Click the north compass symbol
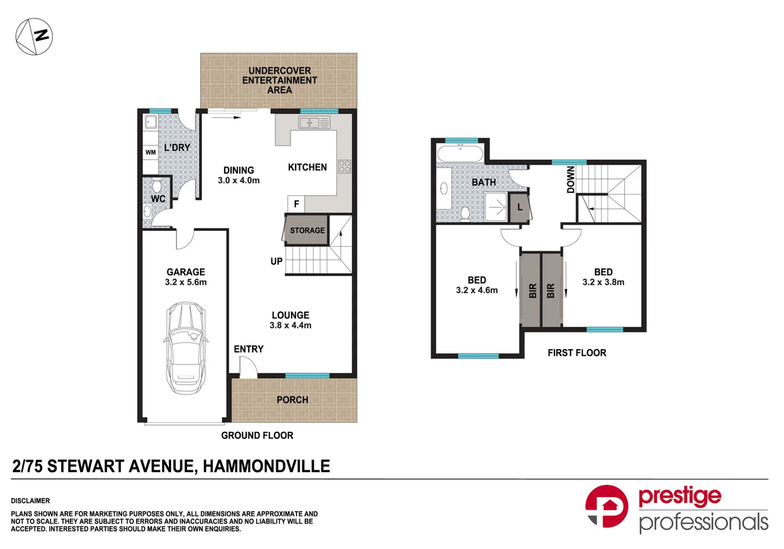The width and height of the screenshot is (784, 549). click(34, 37)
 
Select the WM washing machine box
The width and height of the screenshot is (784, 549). click(151, 152)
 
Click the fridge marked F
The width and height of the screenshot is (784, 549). click(296, 204)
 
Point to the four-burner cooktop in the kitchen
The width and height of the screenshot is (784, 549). click(344, 166)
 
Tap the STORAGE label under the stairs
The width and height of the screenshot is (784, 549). click(307, 230)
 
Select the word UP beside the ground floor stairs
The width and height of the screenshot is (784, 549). click(276, 261)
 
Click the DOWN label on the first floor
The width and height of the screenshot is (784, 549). click(571, 179)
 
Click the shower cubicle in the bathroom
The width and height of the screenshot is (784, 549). click(496, 207)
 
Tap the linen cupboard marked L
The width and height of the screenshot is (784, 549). click(519, 207)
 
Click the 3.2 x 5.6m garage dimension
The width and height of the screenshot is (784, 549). click(186, 282)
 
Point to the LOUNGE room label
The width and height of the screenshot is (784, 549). click(290, 315)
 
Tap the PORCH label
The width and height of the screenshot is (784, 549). click(292, 400)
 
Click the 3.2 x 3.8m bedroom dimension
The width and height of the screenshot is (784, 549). click(603, 282)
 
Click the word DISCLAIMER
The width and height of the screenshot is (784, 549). click(31, 501)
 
